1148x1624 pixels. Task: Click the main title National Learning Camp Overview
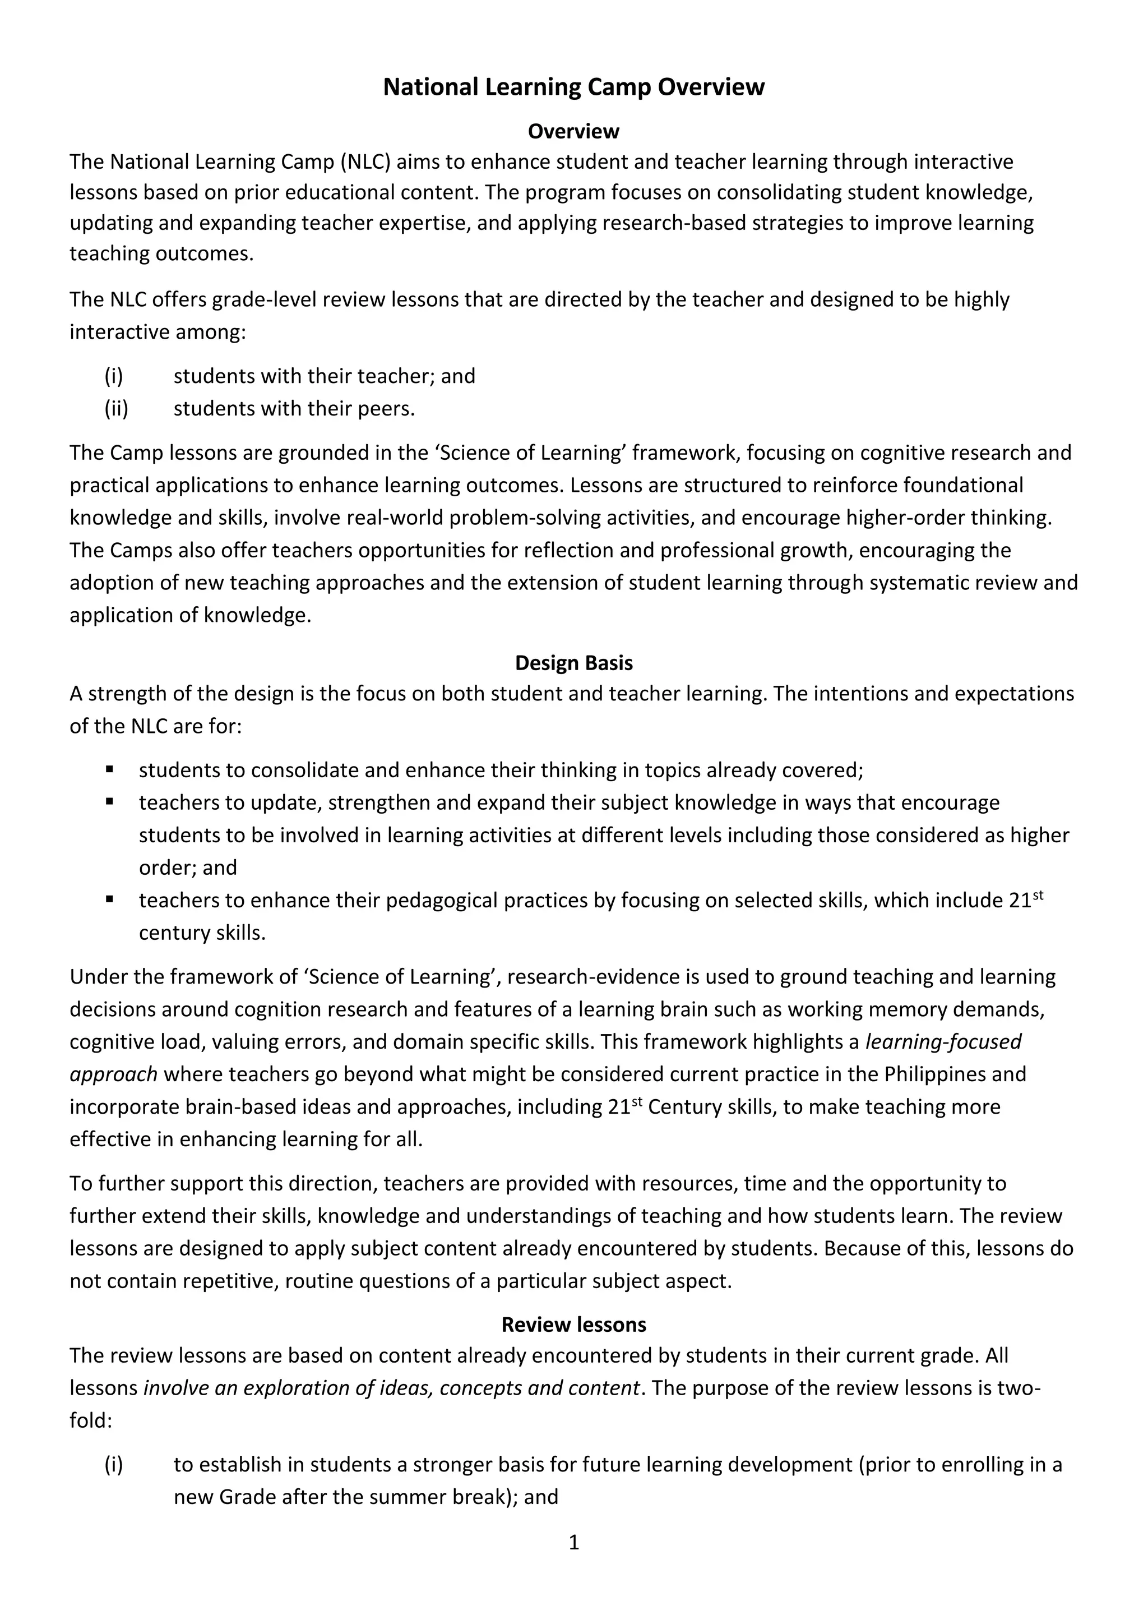(573, 87)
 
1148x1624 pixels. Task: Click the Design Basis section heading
(573, 663)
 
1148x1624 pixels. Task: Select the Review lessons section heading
(573, 1324)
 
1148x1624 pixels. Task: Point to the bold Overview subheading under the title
(573, 132)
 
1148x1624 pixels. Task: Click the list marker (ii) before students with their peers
(117, 409)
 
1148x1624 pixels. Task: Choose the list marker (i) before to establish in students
(114, 1464)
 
